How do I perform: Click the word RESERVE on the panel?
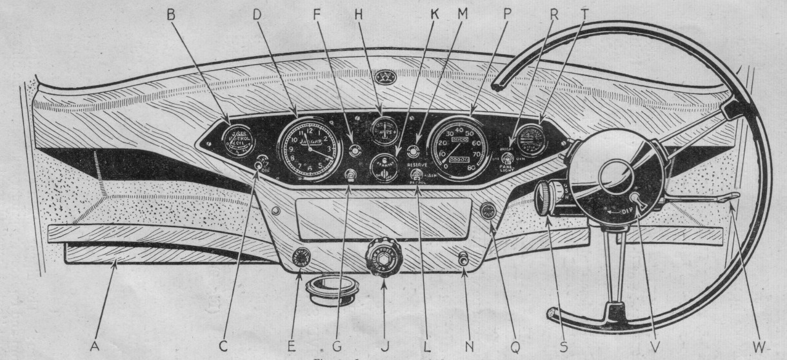click(x=423, y=165)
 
